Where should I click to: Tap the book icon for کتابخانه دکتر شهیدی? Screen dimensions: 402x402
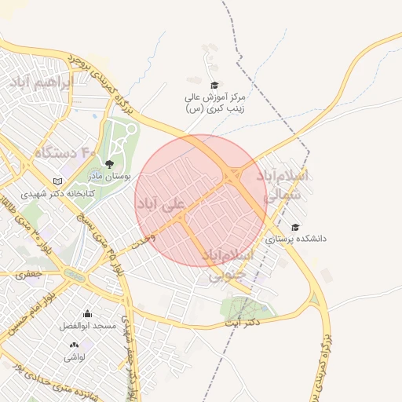pos(57,181)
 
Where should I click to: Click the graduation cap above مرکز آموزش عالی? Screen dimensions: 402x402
pos(214,85)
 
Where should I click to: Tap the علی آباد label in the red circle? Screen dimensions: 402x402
pos(161,205)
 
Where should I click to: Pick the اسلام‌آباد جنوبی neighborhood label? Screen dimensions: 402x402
pos(228,265)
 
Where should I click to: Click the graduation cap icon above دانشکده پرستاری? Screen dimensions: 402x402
pos(295,227)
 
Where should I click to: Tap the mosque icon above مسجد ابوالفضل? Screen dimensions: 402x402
pos(86,314)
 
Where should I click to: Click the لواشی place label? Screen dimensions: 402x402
pos(75,356)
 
